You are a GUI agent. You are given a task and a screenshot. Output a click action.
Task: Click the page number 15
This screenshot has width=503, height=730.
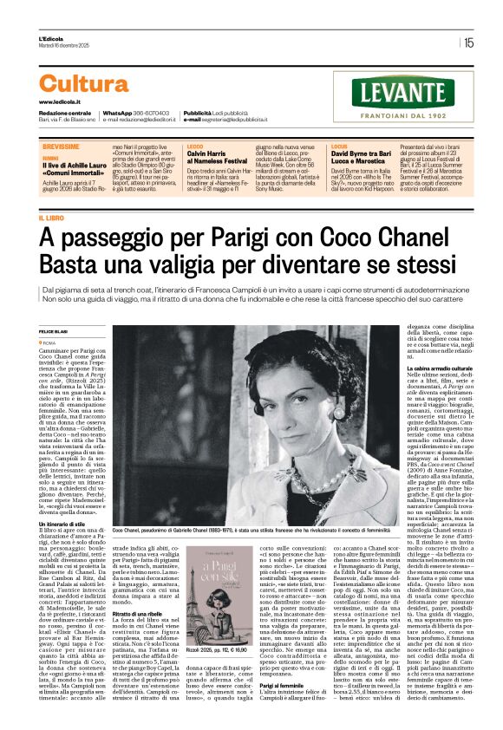pyautogui.click(x=468, y=42)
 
